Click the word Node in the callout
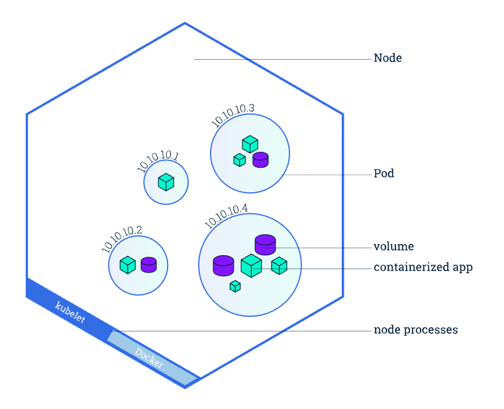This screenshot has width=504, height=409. pos(387,58)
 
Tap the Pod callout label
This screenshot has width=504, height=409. pos(383,174)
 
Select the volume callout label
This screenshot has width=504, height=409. pos(393,247)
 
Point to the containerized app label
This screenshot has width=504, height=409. pos(423,268)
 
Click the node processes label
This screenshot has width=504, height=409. pos(415,329)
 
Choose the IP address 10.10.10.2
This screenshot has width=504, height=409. pos(122,239)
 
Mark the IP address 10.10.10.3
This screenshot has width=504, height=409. pos(233,115)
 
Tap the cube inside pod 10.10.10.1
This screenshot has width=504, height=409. pos(166,182)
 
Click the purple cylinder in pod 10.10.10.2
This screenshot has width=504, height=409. pos(148,264)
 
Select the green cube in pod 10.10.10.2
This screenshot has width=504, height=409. pos(127,265)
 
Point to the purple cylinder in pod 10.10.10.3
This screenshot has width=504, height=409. pos(260,160)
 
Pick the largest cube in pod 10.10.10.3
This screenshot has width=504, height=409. pos(250,143)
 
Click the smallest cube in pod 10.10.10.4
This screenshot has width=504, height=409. pos(234,286)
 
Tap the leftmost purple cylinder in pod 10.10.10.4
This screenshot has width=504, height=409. pos(223,265)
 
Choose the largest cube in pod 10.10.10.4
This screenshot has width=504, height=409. pos(251,266)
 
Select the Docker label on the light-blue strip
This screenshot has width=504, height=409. pos(148,357)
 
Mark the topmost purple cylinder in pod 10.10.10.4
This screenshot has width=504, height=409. pos(265,245)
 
